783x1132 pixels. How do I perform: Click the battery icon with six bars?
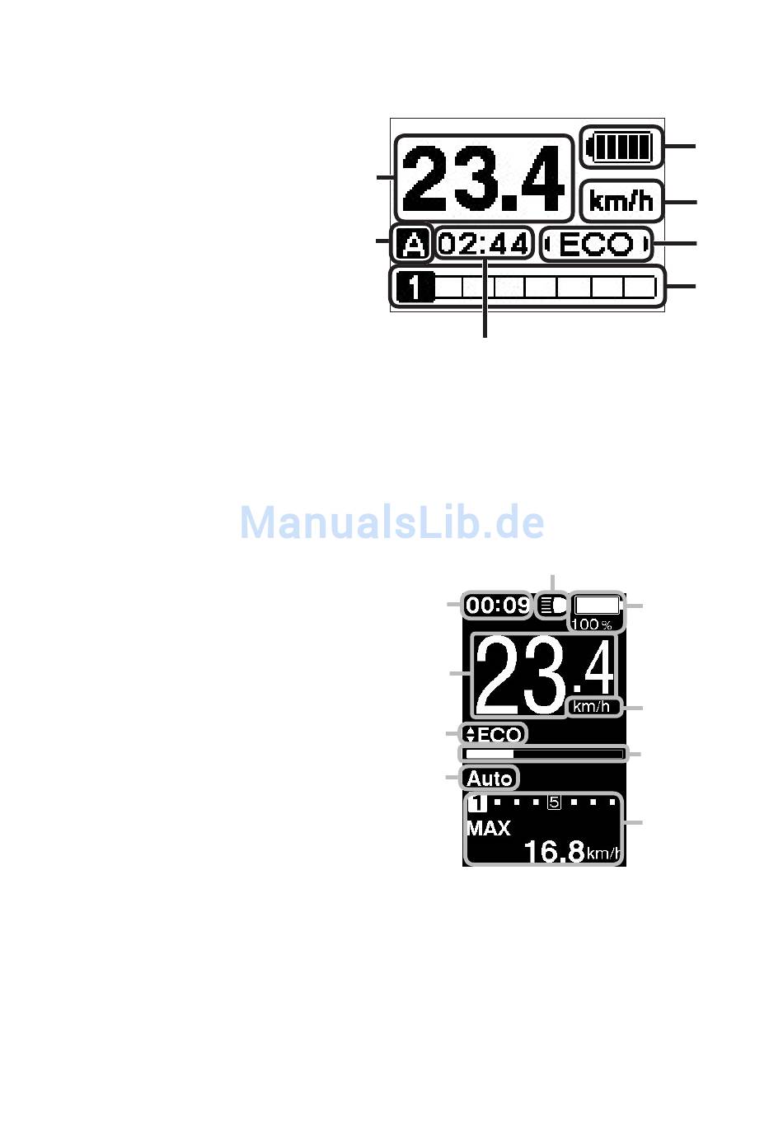[621, 148]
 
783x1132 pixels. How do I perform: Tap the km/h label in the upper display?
[621, 201]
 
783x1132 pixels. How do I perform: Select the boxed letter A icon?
[412, 244]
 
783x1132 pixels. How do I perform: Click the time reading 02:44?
[484, 244]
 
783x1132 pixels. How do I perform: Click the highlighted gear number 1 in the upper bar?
[413, 288]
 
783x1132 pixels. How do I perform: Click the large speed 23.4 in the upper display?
[484, 179]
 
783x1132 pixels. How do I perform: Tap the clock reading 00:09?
[497, 606]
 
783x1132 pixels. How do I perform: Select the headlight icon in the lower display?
[551, 606]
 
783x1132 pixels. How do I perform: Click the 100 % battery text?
[592, 624]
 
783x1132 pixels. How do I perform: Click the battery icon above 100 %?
[597, 605]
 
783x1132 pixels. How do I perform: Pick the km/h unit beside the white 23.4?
[593, 706]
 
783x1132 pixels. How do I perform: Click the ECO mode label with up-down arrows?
[494, 734]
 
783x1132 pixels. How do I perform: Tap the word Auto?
[490, 778]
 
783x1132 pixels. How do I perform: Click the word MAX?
[489, 829]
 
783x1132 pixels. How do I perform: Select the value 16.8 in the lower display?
[554, 851]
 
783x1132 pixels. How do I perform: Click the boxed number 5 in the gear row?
[555, 802]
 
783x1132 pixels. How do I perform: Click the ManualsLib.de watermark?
[391, 522]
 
